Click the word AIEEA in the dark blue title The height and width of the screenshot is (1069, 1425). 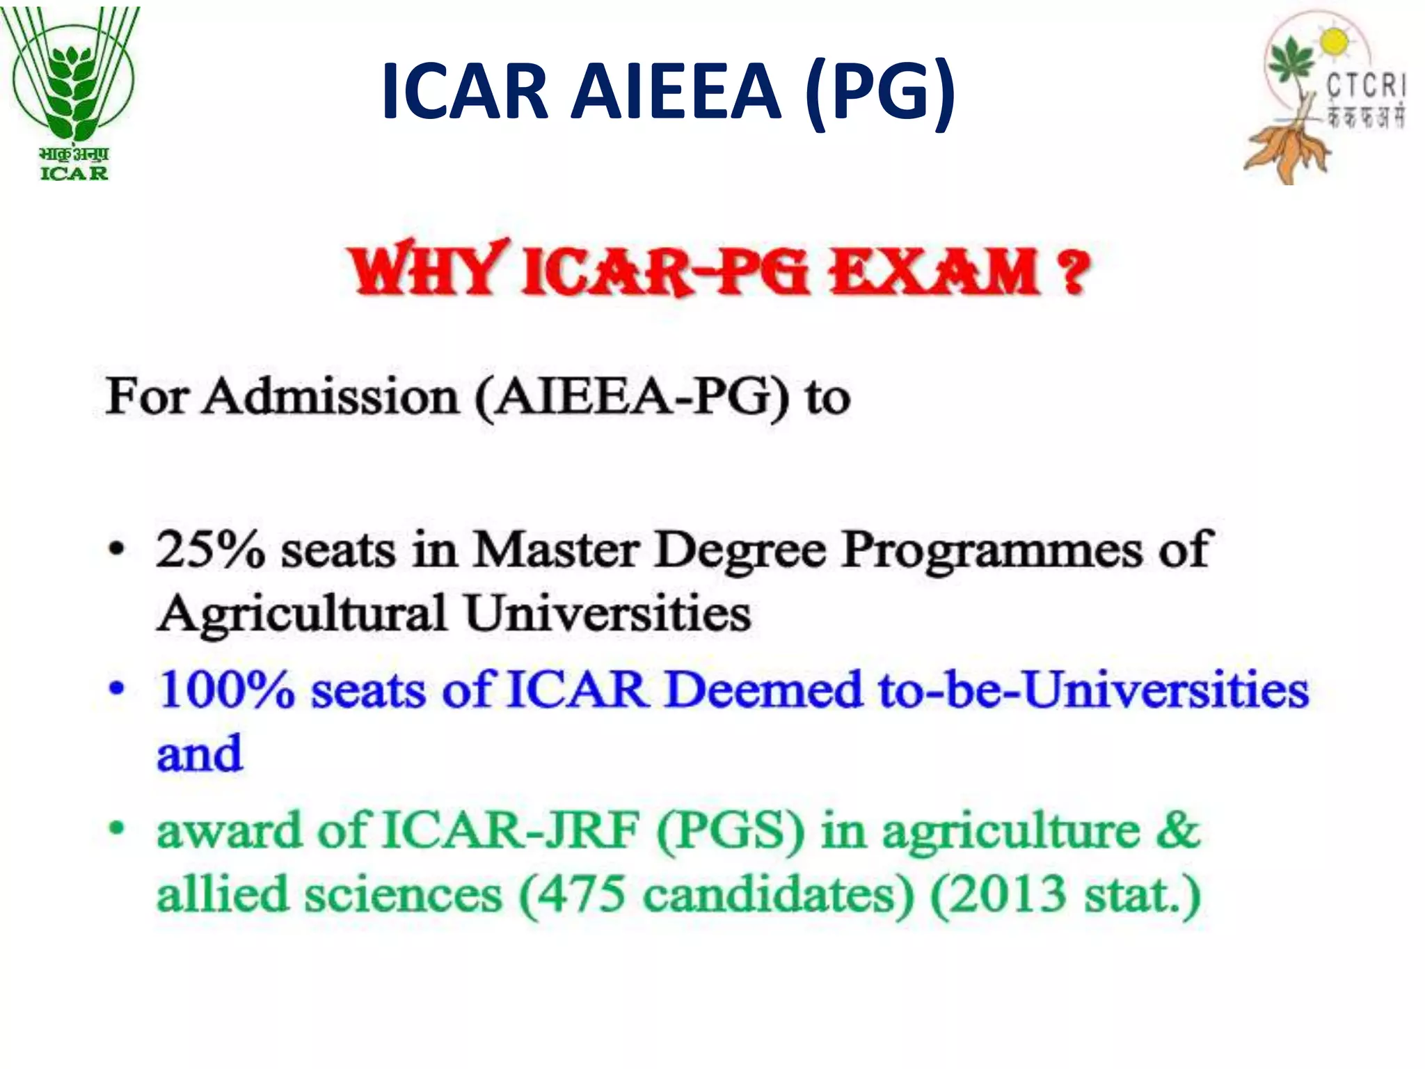tap(676, 91)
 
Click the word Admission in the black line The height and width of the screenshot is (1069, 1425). tap(330, 397)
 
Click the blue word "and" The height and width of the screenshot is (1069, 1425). tap(200, 754)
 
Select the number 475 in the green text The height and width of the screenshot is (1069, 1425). tap(581, 894)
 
